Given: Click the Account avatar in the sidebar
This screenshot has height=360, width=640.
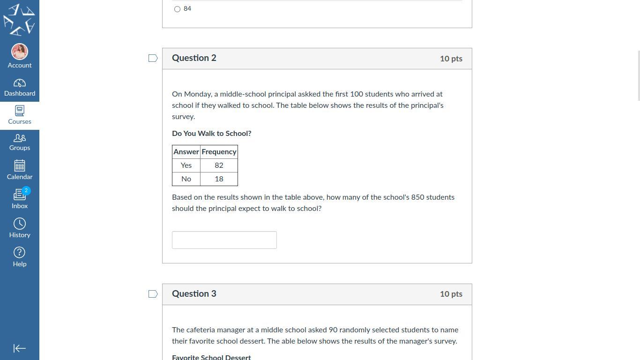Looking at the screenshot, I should [x=20, y=52].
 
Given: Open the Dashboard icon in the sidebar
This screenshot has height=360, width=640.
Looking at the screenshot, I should [x=20, y=83].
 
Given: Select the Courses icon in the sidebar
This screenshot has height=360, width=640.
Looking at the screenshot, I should [x=20, y=111].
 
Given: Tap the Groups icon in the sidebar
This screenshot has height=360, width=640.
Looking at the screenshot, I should [x=20, y=138].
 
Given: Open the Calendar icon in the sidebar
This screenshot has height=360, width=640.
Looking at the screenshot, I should [x=20, y=166].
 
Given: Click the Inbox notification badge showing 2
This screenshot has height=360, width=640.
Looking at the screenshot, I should [x=26, y=190].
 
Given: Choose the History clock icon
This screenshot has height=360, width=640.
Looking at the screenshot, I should [x=20, y=224].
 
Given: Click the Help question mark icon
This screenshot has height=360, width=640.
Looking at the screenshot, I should [x=20, y=253].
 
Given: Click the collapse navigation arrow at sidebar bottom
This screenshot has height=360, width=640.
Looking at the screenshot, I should [x=20, y=348].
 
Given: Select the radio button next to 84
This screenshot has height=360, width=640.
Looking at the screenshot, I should [x=177, y=9].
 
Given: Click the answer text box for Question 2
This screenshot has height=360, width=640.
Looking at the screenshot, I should [x=224, y=240].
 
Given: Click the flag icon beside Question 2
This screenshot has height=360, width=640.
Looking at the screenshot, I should [x=153, y=58].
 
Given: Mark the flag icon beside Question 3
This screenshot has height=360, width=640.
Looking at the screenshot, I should [x=153, y=294].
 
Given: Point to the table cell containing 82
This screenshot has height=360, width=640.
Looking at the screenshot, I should [x=219, y=165].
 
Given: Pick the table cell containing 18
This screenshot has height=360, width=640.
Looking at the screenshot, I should [x=219, y=179].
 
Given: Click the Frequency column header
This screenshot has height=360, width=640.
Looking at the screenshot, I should [x=219, y=152].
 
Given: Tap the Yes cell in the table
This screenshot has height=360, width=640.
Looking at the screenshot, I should [x=186, y=165].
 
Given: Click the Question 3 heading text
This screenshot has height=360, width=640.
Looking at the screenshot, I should [x=194, y=294].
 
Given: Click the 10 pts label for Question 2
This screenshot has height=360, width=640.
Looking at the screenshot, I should [x=451, y=59].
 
